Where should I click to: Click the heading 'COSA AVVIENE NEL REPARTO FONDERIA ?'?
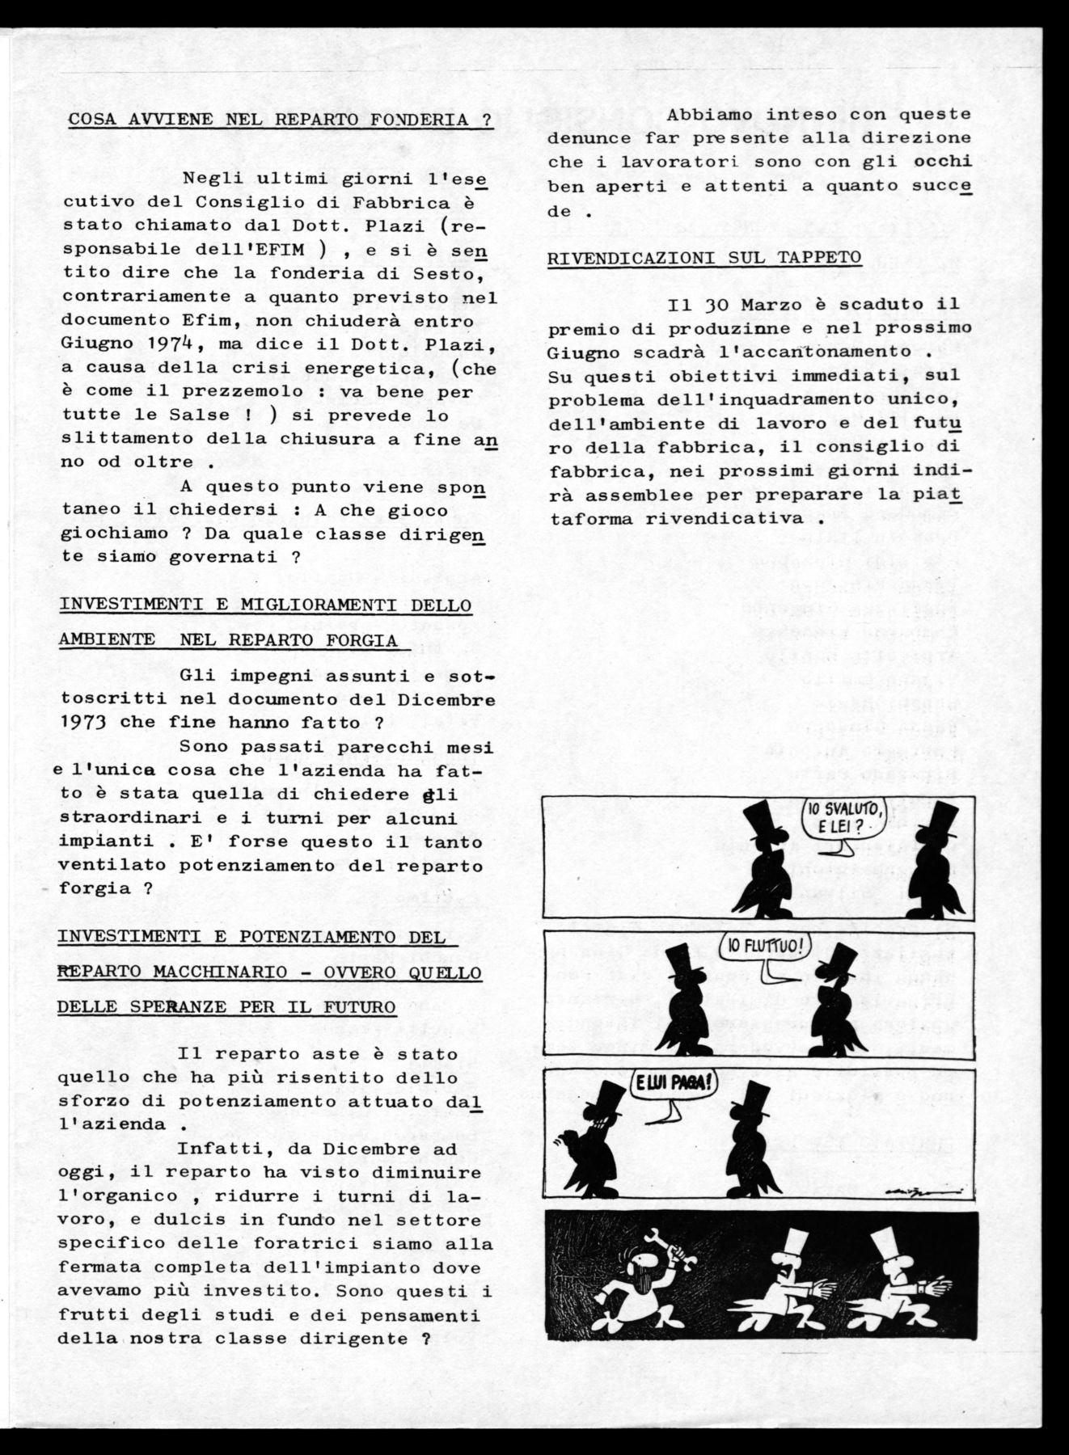[280, 120]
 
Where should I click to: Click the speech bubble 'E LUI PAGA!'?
[670, 1082]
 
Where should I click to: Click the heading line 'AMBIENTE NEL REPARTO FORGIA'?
[228, 640]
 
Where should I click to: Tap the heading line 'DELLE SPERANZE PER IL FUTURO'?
[228, 1007]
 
